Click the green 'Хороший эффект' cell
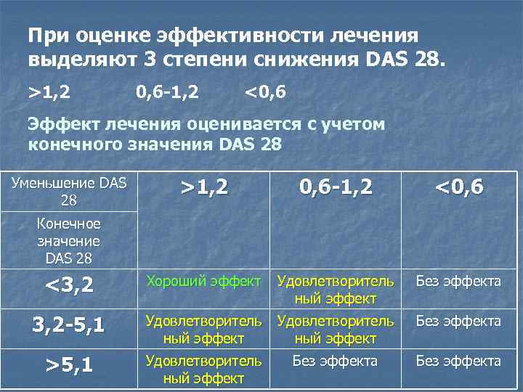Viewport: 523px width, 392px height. coord(203,281)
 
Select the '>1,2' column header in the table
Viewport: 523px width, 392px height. coord(204,188)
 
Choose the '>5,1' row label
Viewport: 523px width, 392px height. coord(69,365)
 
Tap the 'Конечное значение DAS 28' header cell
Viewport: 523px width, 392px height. coord(69,240)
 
